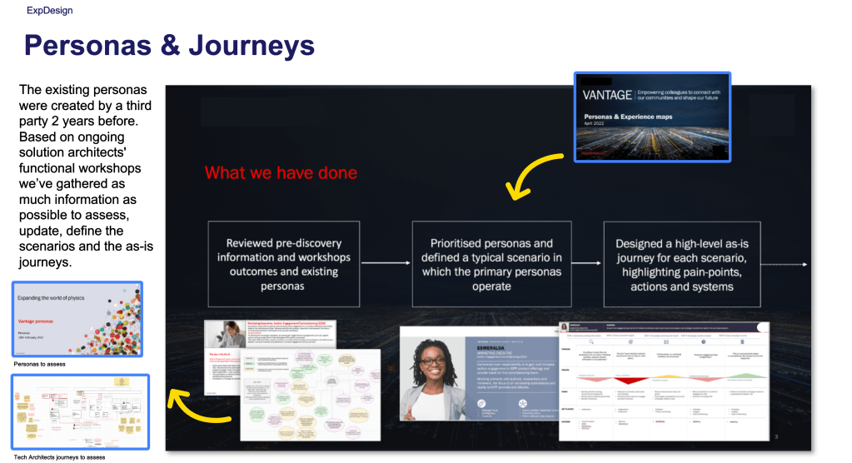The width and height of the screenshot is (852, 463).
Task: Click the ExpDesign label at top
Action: [49, 11]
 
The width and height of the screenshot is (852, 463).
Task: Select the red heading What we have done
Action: [281, 173]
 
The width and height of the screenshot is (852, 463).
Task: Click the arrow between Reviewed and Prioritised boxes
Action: [386, 264]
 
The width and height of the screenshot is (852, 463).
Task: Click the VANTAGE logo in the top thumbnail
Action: [607, 96]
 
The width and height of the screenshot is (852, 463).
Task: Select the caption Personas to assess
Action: [40, 364]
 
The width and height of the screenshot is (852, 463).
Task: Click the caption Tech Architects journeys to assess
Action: [59, 456]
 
